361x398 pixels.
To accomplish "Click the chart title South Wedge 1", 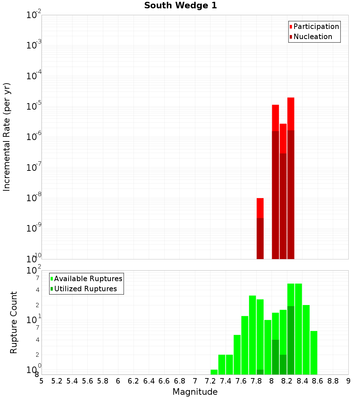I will point(180,6).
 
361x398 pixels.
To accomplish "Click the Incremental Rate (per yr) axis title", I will point(7,137).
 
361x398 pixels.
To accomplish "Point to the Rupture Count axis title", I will point(14,322).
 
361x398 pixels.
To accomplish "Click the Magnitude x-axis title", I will point(195,392).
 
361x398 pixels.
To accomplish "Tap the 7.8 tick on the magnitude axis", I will point(256,381).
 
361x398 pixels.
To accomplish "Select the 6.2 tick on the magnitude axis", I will point(134,381).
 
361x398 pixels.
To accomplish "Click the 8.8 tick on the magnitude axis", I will point(333,381).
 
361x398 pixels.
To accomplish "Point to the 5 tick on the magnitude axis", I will point(42,381).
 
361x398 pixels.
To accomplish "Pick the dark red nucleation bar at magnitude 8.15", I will point(283,206).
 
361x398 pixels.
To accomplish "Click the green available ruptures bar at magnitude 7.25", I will point(214,372).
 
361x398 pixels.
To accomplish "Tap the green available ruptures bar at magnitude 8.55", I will point(314,353).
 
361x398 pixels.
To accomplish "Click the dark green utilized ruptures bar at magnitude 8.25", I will point(291,340).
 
